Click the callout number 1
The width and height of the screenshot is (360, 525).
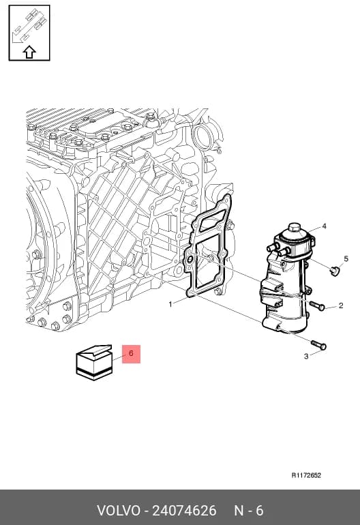170,304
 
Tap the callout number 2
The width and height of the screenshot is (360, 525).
341,305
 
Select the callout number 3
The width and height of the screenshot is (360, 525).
306,356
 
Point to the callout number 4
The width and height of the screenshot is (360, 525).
324,226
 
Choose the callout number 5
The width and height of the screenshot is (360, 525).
346,258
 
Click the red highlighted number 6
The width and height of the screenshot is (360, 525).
131,354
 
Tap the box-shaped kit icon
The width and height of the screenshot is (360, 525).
94,362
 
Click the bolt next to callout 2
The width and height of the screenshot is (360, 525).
317,305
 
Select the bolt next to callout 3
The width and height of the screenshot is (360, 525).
318,345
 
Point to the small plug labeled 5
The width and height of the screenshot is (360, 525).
334,270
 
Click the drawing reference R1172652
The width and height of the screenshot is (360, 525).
306,475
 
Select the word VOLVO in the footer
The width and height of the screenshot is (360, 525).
119,511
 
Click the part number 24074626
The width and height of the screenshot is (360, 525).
185,511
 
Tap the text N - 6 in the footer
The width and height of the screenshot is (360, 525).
249,511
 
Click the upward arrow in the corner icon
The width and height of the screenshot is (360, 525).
29,52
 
